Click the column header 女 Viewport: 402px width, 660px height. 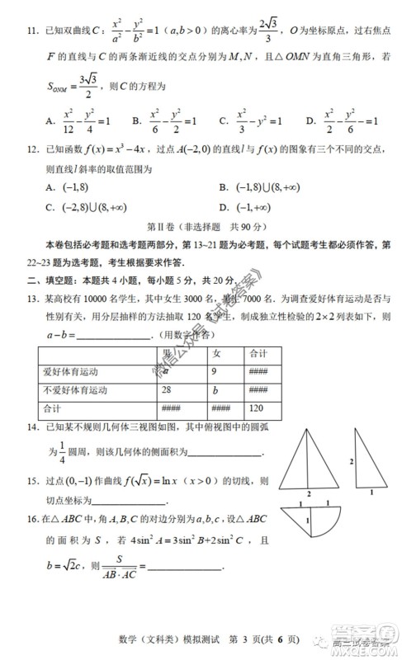[216, 353]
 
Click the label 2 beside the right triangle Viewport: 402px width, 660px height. [352, 460]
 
